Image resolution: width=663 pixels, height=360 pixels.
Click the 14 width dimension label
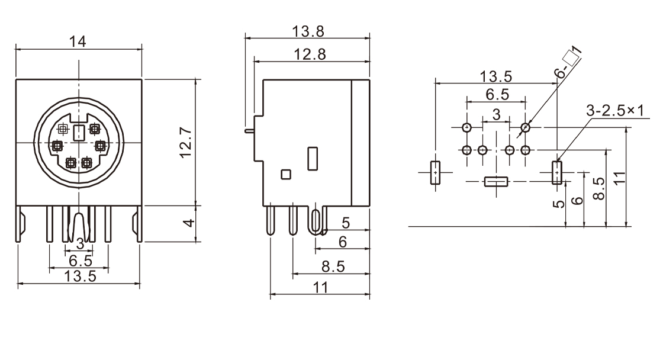pos(78,41)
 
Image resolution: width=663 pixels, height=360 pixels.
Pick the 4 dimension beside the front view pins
pos(187,223)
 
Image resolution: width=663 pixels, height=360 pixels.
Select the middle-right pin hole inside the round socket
pos(100,145)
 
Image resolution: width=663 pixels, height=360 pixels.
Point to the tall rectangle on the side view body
pos(313,159)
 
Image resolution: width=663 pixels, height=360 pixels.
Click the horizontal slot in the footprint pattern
pos(496,181)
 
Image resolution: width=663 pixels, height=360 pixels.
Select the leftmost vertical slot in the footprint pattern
pos(435,172)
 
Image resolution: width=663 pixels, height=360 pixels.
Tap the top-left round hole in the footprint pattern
pos(467,127)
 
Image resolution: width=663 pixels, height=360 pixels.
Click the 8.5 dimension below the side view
pos(333,266)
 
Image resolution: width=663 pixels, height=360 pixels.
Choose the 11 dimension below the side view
pos(320,287)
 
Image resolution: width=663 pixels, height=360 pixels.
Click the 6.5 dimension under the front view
pos(81,261)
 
